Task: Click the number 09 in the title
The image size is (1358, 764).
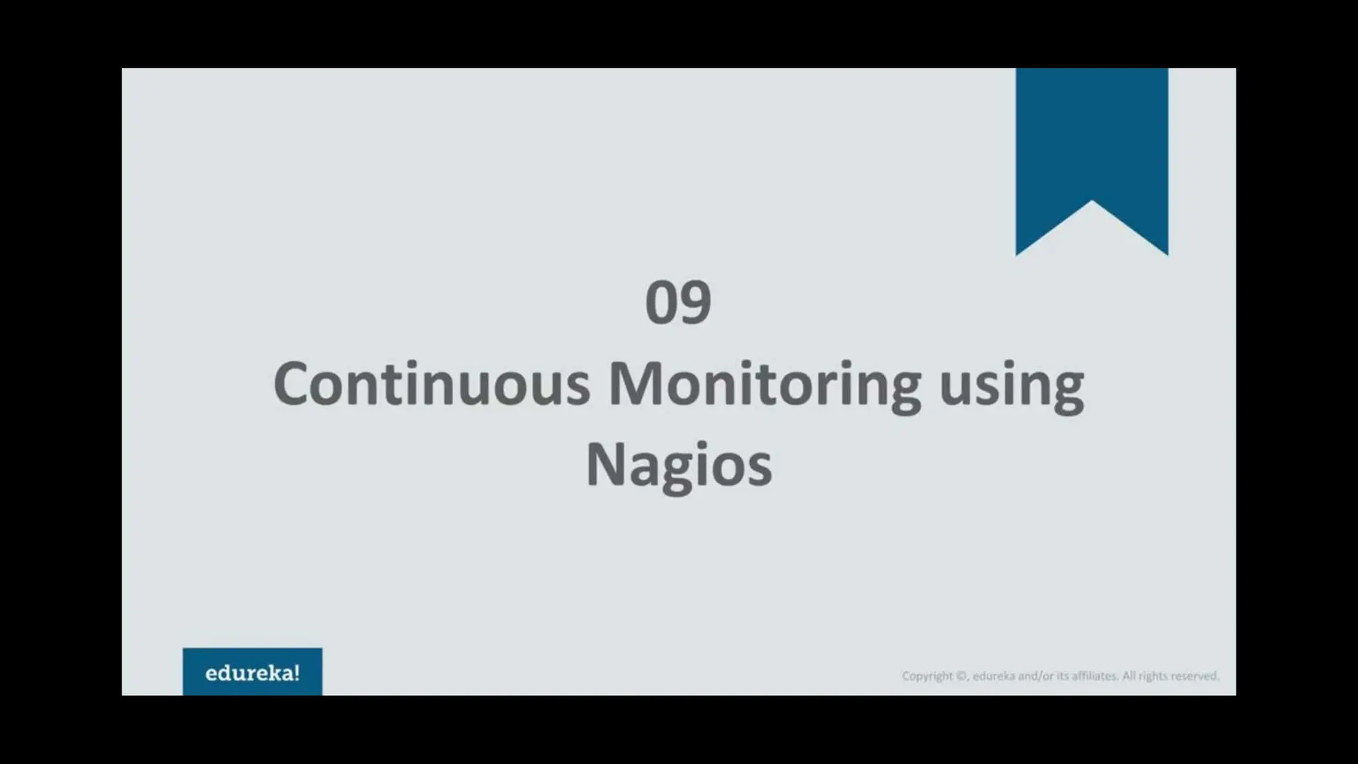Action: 678,302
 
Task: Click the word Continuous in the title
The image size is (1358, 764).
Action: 432,384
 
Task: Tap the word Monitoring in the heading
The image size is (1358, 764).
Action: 765,385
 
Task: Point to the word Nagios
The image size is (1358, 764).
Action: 679,466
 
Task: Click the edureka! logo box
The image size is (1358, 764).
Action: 253,672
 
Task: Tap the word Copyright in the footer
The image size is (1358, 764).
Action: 926,676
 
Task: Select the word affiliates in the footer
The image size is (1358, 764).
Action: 1093,676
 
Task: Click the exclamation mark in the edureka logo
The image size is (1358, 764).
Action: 296,672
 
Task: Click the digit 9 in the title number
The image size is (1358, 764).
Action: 696,303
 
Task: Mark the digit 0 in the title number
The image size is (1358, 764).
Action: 661,303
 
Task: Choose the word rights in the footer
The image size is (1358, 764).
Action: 1152,676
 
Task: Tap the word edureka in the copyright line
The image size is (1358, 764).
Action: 993,676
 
